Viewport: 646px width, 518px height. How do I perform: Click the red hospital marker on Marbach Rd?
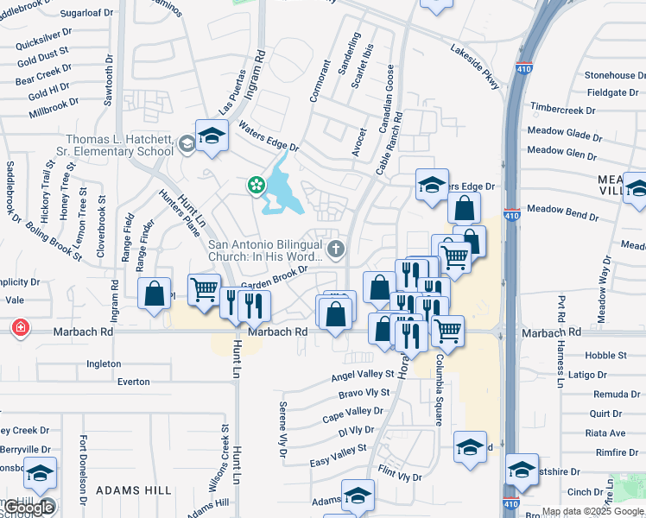click(x=19, y=329)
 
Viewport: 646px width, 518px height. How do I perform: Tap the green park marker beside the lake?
click(x=256, y=184)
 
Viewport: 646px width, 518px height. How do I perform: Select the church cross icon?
click(x=336, y=250)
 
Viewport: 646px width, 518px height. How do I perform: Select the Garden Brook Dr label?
click(x=274, y=278)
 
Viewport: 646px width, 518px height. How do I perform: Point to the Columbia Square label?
click(x=439, y=389)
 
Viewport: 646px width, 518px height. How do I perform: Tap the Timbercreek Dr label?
click(x=563, y=111)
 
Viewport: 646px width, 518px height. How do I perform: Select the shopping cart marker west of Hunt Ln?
click(x=204, y=289)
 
